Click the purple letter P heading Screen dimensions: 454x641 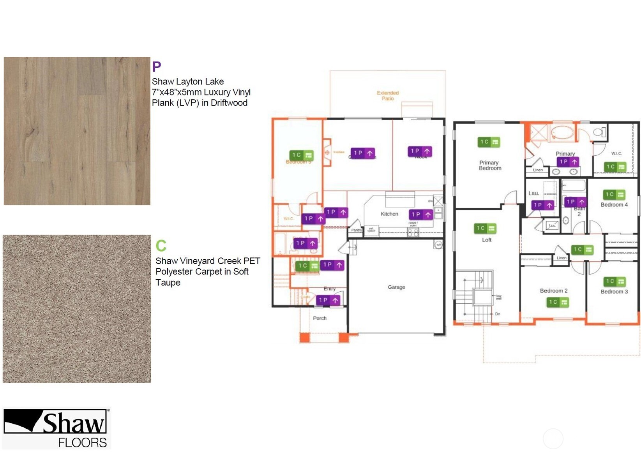coord(156,67)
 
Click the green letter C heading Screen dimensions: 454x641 coord(161,246)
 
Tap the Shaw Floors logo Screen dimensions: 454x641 coord(57,428)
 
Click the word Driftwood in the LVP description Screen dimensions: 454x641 coord(229,103)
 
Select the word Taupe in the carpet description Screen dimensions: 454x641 coord(168,283)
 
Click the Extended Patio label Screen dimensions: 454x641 coord(387,95)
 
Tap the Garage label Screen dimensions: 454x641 coord(396,287)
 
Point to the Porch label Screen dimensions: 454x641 coord(320,318)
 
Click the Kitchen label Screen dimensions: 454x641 coord(389,214)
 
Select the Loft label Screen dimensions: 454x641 coord(487,240)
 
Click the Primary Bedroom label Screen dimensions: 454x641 coord(490,165)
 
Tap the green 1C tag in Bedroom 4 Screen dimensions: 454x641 coord(614,194)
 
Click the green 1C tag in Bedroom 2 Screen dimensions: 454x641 coord(558,302)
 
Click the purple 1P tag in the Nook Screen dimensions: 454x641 coord(420,151)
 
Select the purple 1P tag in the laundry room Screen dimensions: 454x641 coord(542,205)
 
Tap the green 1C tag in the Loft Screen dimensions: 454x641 coord(485,228)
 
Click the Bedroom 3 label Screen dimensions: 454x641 coord(614,292)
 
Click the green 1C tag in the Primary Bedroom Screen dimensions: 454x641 coord(489,142)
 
